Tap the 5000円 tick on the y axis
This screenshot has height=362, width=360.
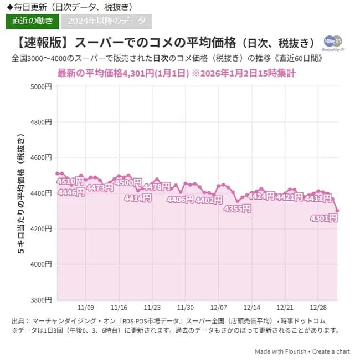coord(42,86)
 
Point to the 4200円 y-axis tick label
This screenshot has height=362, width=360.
coord(42,228)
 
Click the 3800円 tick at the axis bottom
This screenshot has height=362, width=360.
coord(42,300)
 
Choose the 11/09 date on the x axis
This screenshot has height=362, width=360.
coord(86,307)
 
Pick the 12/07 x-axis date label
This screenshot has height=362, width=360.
coord(219,307)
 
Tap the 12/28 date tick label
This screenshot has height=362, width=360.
coord(318,307)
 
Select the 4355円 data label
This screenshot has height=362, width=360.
coord(237,209)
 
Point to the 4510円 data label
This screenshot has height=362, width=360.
coord(70,182)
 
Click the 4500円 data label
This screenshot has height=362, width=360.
coord(128,182)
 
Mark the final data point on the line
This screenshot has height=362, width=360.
coord(337,211)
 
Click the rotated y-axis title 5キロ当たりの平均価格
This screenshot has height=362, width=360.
coord(21,193)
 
